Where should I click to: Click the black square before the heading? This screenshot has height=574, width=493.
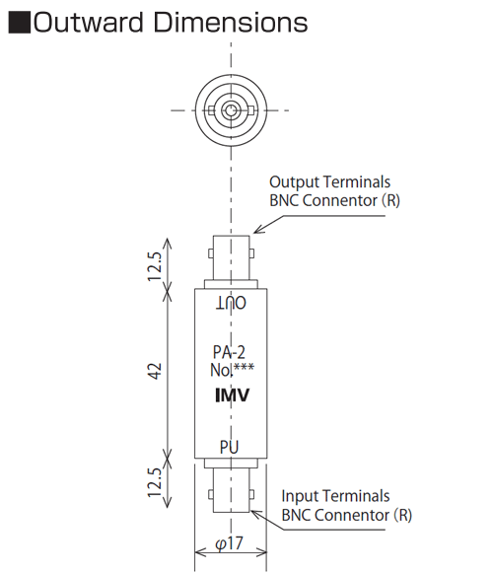pyautogui.click(x=20, y=23)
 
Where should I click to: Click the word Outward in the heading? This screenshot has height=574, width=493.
pyautogui.click(x=88, y=23)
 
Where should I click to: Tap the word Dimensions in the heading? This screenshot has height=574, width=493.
pyautogui.click(x=231, y=23)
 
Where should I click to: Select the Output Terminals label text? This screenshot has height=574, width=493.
pyautogui.click(x=329, y=181)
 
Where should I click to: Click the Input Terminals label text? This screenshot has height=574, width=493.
pyautogui.click(x=335, y=496)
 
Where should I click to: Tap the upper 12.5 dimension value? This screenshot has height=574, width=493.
pyautogui.click(x=155, y=266)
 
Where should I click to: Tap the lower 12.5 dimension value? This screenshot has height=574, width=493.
pyautogui.click(x=155, y=482)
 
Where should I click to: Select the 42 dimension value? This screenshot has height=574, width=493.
pyautogui.click(x=155, y=371)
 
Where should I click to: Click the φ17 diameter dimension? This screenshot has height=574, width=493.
pyautogui.click(x=229, y=543)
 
